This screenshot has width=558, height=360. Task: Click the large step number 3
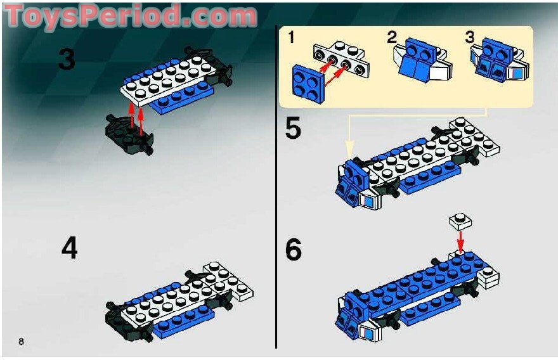[67, 60]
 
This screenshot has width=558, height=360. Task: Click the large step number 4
[69, 248]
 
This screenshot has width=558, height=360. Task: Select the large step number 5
[293, 129]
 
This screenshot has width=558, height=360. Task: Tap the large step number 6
[294, 250]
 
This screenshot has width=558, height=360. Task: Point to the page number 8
[22, 342]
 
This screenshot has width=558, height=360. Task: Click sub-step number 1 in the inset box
[291, 37]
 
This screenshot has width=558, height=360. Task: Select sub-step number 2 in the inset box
[393, 37]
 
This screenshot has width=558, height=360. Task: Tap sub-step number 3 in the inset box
[470, 37]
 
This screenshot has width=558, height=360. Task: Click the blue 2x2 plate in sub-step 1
[307, 81]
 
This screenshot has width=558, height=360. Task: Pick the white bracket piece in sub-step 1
[341, 62]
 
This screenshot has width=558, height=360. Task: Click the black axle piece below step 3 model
[130, 135]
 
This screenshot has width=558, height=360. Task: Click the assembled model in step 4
[181, 299]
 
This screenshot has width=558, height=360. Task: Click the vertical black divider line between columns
[276, 190]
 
